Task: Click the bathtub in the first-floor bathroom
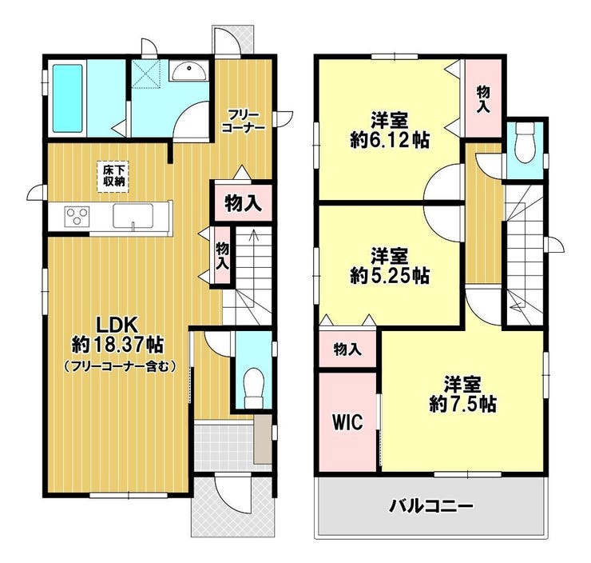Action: [67, 98]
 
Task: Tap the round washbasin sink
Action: [188, 71]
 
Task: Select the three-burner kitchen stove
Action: [77, 217]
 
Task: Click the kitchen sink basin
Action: [133, 215]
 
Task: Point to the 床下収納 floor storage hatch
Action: [112, 177]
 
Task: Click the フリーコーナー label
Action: [244, 121]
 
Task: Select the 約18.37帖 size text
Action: [117, 344]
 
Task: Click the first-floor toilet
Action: [253, 388]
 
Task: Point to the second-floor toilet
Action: [524, 142]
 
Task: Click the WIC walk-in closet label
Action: [347, 421]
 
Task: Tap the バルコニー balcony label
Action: [431, 505]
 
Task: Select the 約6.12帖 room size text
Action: [390, 141]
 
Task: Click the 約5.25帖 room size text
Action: [390, 276]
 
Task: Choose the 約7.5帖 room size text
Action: [462, 404]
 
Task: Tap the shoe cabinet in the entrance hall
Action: [262, 439]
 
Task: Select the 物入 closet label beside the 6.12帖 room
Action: [483, 99]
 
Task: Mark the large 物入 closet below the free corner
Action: [243, 203]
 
